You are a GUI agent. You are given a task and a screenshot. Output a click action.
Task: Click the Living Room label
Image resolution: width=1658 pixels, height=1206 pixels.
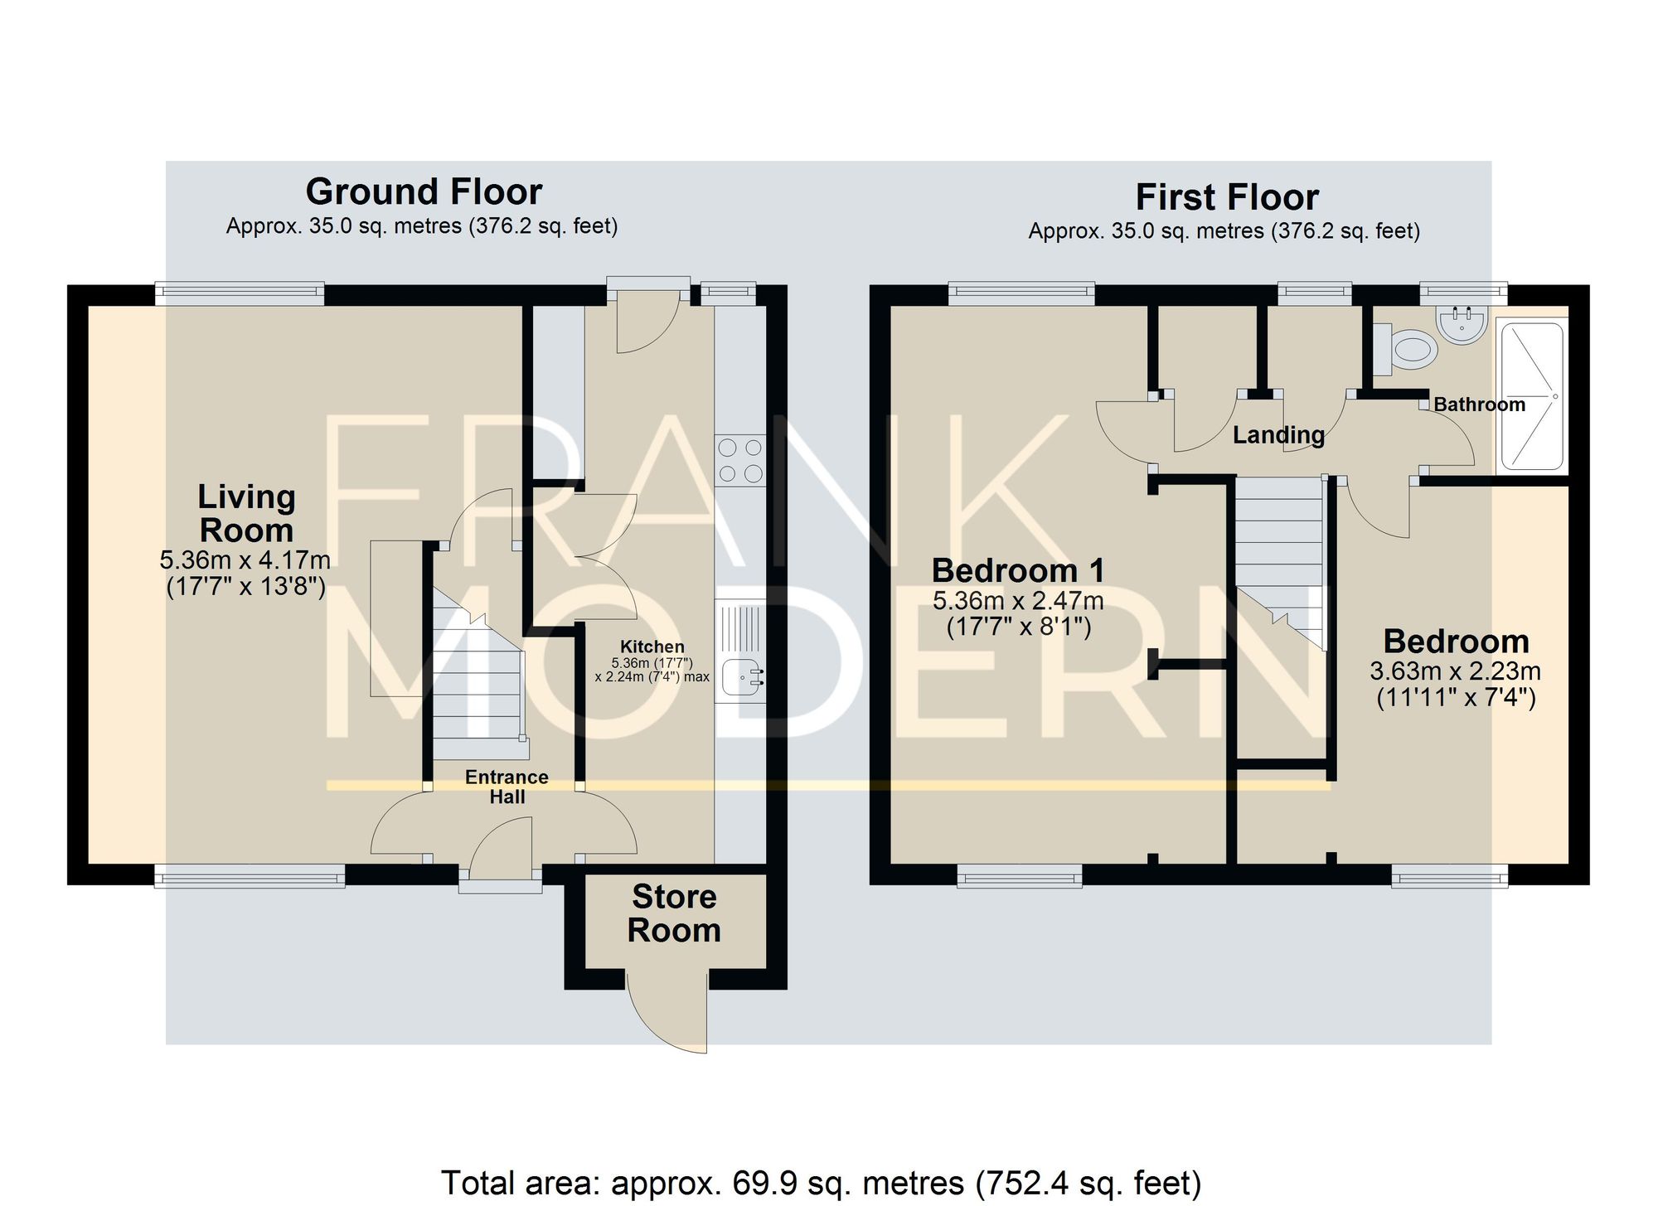pos(246,513)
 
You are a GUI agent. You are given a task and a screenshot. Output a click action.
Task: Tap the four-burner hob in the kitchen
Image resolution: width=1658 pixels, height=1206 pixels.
pos(740,461)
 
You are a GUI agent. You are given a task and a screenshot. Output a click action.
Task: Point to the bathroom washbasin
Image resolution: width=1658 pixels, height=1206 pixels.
pos(1464,325)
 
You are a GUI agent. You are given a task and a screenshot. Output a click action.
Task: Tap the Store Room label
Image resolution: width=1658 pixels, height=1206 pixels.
pos(674,913)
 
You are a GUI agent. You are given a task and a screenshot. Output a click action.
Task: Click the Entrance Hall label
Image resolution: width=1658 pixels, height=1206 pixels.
pos(507,787)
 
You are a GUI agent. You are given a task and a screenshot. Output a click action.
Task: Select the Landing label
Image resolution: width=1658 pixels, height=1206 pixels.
pos(1278,435)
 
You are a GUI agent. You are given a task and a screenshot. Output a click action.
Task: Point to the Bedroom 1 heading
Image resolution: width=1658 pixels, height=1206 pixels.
pos(1018,570)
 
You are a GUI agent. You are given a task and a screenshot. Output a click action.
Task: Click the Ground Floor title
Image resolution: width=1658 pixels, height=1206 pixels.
pos(424,191)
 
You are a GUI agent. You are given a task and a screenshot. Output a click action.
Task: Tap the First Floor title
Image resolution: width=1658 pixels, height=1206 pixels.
pos(1227,197)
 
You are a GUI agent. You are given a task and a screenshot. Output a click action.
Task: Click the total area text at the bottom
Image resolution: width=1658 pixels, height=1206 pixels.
pos(821,1182)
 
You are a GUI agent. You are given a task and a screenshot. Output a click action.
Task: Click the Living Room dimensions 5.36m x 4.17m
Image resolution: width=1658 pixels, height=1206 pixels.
pos(245,559)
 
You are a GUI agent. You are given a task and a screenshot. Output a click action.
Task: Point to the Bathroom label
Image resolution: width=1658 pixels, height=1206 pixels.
pos(1479,404)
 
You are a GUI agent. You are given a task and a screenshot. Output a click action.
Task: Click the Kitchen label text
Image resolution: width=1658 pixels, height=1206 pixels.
pos(652,647)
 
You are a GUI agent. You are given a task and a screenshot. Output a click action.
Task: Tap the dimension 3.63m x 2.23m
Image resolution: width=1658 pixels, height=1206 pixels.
pos(1456,671)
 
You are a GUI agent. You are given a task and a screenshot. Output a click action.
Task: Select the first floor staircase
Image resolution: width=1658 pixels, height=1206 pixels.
pos(1280,564)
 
